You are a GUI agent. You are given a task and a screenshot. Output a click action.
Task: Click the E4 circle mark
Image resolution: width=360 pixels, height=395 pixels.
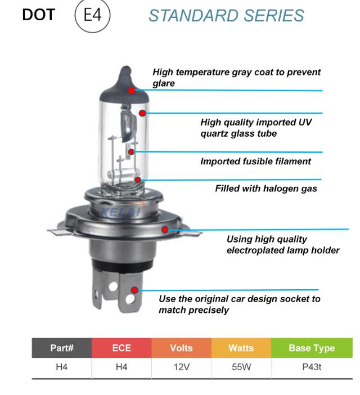[94, 15]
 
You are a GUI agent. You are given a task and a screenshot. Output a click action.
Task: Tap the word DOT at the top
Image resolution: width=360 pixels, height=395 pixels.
[39, 15]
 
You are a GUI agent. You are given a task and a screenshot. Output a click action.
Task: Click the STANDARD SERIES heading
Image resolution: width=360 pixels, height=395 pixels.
[226, 16]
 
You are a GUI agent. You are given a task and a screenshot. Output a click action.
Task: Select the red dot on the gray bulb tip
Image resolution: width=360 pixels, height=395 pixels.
[132, 90]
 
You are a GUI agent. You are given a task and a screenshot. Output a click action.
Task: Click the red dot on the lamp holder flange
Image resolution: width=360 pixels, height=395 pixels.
[165, 229]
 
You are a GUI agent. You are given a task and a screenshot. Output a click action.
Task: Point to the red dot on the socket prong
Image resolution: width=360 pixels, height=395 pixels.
[135, 290]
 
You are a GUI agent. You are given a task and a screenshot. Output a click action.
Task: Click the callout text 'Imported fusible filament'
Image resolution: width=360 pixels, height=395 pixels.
[255, 161]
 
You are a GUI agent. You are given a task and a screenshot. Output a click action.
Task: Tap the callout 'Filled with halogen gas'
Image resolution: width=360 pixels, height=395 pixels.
[266, 188]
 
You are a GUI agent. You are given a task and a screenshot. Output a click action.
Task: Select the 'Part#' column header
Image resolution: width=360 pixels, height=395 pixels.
[62, 348]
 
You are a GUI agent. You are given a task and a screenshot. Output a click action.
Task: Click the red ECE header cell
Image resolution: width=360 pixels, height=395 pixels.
[121, 348]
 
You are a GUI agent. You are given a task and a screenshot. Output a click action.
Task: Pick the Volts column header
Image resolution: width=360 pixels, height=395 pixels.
[181, 348]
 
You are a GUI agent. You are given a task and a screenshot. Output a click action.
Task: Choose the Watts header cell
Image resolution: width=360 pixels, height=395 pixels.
[241, 348]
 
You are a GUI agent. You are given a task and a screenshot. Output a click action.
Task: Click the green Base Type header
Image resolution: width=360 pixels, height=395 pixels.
[312, 348]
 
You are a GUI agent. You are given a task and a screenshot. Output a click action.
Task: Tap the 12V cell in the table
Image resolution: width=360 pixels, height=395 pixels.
[181, 367]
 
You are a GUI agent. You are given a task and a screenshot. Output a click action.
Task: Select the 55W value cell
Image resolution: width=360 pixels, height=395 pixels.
[241, 367]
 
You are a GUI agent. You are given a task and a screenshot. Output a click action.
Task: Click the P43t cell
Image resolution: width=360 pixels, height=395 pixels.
[312, 367]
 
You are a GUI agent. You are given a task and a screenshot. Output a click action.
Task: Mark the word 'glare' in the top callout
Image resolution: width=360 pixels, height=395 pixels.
[164, 83]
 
